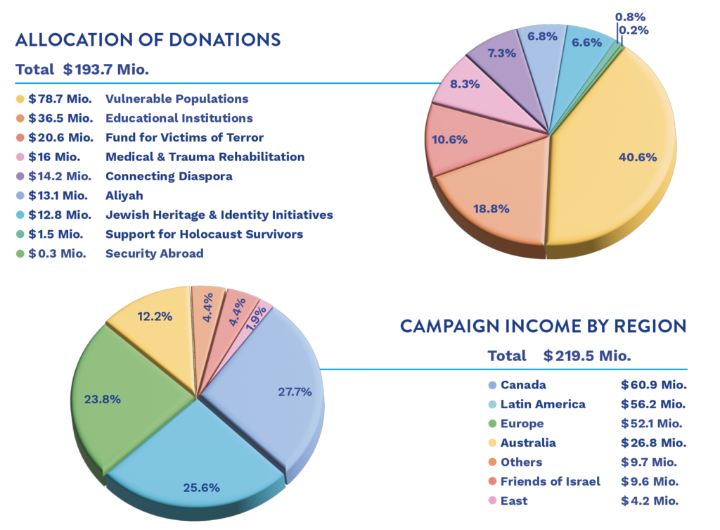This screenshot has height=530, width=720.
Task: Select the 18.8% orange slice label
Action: pyautogui.click(x=491, y=208)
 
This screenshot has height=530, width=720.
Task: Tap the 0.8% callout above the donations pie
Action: pyautogui.click(x=631, y=17)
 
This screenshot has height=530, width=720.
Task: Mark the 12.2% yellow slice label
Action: pyautogui.click(x=155, y=316)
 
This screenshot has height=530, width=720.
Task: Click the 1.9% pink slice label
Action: pyautogui.click(x=256, y=318)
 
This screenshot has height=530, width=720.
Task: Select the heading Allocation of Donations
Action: pyautogui.click(x=148, y=40)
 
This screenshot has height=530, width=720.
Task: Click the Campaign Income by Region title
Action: pyautogui.click(x=544, y=326)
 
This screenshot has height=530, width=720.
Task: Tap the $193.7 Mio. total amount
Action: pyautogui.click(x=106, y=70)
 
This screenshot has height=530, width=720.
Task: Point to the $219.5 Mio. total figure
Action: pyautogui.click(x=587, y=355)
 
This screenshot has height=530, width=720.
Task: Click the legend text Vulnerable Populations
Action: pyautogui.click(x=176, y=99)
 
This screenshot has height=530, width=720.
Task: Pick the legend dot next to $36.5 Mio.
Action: pyautogui.click(x=20, y=118)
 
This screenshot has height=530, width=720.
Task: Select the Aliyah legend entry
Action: pyautogui.click(x=124, y=196)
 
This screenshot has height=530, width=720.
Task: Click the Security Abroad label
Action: pyautogui.click(x=154, y=253)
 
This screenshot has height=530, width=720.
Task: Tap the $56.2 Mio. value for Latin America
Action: pyautogui.click(x=653, y=404)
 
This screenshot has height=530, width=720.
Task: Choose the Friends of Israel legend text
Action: pyautogui.click(x=550, y=481)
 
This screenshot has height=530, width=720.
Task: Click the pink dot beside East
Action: pyautogui.click(x=493, y=500)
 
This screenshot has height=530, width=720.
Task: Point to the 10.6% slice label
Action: pyautogui.click(x=449, y=139)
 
